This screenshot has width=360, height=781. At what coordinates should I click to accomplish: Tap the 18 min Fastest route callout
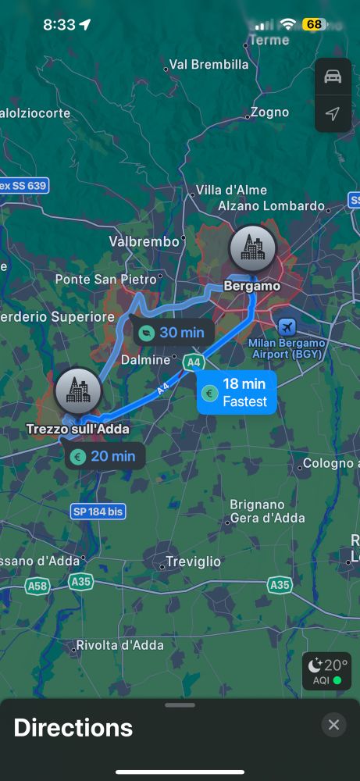click(x=237, y=392)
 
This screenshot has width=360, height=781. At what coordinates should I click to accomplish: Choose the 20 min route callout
click(x=105, y=456)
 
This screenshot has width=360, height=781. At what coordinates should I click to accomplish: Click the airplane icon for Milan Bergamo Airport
click(x=287, y=326)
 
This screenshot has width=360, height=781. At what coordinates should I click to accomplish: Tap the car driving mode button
click(x=333, y=77)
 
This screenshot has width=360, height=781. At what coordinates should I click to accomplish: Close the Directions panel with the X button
click(x=333, y=725)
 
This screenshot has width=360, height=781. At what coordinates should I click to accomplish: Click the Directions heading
click(x=73, y=728)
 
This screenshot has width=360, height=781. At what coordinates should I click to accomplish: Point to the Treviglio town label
click(x=193, y=562)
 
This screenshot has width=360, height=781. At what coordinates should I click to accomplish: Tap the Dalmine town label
click(x=144, y=360)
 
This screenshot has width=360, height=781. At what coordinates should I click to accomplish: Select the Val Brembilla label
click(x=209, y=65)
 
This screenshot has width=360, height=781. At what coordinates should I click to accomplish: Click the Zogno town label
click(x=270, y=112)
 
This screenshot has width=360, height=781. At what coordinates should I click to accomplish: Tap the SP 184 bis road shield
click(x=98, y=512)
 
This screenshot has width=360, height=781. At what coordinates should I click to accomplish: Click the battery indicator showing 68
click(x=314, y=24)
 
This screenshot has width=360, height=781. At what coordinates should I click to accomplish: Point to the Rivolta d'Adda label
click(x=119, y=645)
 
